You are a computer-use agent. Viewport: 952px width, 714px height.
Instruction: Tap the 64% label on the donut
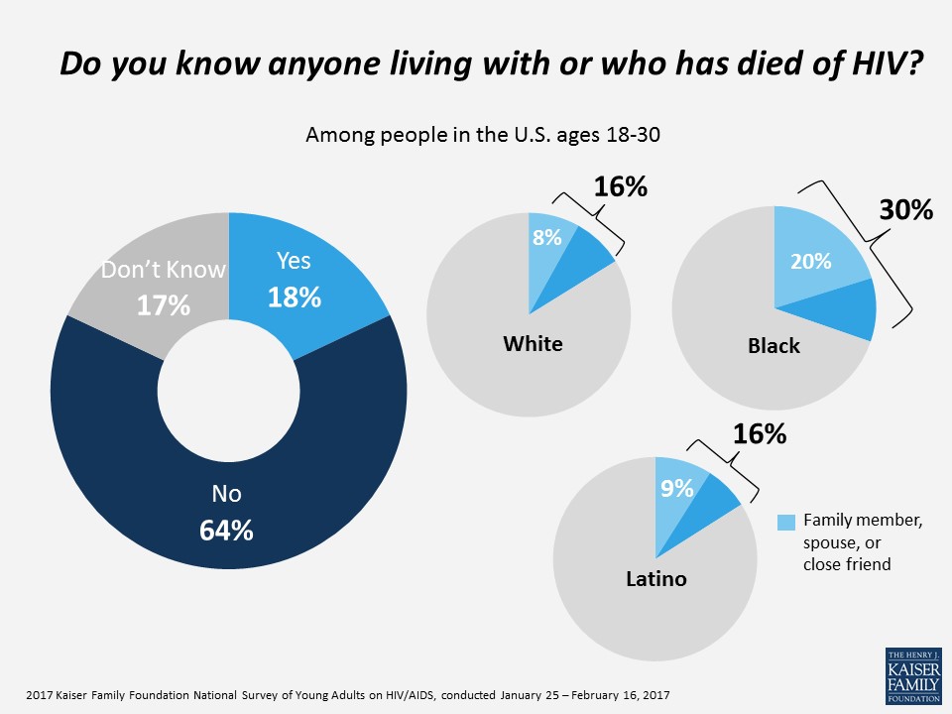point(227,530)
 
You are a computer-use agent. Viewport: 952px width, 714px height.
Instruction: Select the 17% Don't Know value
point(164,305)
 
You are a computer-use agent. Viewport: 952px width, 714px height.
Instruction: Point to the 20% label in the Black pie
point(810,262)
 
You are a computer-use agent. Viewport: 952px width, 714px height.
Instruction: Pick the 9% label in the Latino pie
point(677,487)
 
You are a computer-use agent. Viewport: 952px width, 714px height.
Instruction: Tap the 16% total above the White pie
point(620,185)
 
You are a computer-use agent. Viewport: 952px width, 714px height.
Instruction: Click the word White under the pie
point(533,344)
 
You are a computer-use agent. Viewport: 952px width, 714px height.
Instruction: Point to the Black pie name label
point(773,346)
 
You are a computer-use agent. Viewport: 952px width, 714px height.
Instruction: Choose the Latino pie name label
point(656,577)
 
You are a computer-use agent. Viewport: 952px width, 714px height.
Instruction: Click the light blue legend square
point(785,522)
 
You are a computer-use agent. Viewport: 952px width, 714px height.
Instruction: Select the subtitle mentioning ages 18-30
point(483,135)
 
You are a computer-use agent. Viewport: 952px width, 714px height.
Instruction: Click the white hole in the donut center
point(228,388)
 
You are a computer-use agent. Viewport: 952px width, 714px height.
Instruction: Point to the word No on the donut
point(227,493)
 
